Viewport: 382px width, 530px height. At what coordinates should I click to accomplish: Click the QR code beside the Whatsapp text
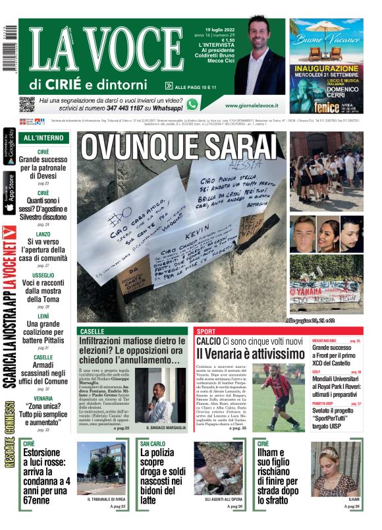click(27, 103)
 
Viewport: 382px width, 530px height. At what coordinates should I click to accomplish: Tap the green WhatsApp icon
click(192, 103)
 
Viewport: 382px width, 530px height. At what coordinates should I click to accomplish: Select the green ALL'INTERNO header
click(43, 138)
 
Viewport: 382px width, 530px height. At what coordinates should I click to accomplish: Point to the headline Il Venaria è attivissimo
click(250, 354)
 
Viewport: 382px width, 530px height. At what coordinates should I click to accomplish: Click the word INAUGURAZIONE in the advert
click(326, 68)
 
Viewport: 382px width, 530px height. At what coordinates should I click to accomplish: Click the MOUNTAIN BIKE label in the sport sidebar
click(327, 341)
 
